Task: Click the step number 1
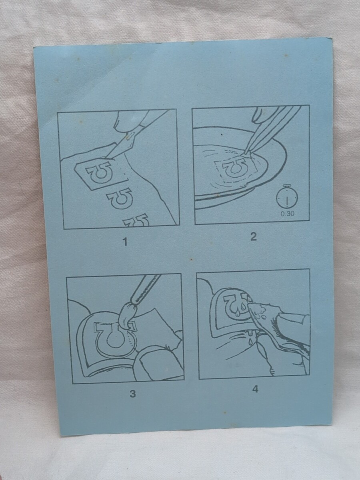click(x=125, y=242)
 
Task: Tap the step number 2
click(x=253, y=236)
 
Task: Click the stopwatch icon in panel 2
click(x=287, y=197)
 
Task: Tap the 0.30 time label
click(x=288, y=214)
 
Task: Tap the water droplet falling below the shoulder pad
click(x=250, y=340)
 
